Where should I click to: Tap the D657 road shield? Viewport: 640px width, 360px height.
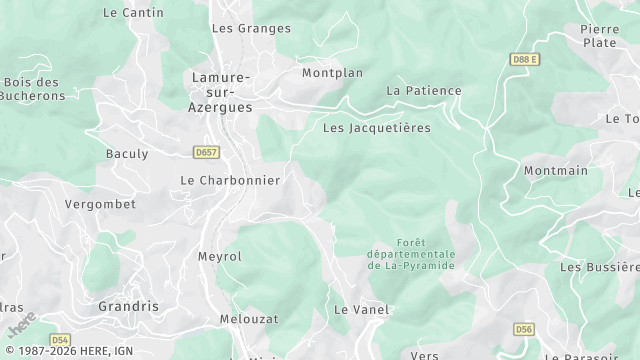pyautogui.click(x=206, y=153)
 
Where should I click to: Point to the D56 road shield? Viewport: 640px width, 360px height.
pyautogui.click(x=524, y=328)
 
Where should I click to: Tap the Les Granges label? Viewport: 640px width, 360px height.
pyautogui.click(x=236, y=29)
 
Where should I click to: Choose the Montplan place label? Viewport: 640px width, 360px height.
pyautogui.click(x=333, y=73)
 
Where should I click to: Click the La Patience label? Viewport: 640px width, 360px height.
pyautogui.click(x=424, y=91)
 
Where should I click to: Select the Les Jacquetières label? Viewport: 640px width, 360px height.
pyautogui.click(x=376, y=128)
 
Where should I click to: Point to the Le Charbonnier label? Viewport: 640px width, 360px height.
pyautogui.click(x=230, y=180)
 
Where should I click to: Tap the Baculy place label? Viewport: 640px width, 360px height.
pyautogui.click(x=127, y=154)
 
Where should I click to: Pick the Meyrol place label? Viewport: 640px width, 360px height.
pyautogui.click(x=220, y=257)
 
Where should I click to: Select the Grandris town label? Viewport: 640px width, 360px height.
pyautogui.click(x=128, y=306)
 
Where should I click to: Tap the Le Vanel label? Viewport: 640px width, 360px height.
pyautogui.click(x=361, y=310)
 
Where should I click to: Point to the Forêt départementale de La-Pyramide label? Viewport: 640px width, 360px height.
pyautogui.click(x=411, y=255)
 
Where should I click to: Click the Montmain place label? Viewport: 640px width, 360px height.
pyautogui.click(x=556, y=171)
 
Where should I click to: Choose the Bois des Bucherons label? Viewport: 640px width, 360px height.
pyautogui.click(x=34, y=89)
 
